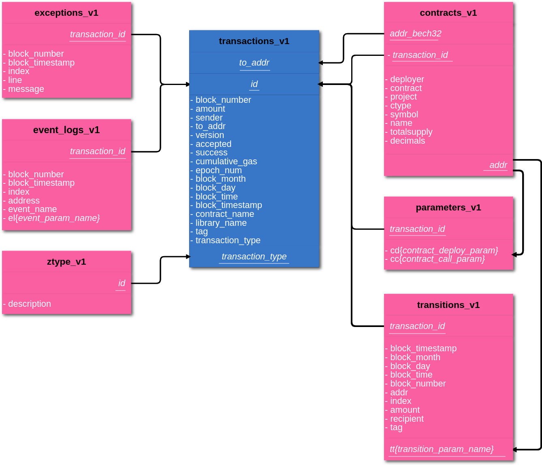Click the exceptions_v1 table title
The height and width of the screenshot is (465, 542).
pos(66,13)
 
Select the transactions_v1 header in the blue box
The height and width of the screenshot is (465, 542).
pos(254,41)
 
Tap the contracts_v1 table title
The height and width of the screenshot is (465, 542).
pos(448,13)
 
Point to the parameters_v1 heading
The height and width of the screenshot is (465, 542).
pos(448,208)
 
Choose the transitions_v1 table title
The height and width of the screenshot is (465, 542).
pos(448,305)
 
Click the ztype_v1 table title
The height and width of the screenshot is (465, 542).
pos(66,262)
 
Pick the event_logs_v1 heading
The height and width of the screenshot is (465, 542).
pos(66,130)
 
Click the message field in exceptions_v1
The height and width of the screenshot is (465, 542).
pos(26,89)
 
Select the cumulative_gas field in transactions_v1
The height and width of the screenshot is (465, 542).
pos(226,161)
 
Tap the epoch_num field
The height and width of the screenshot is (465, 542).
pos(218,170)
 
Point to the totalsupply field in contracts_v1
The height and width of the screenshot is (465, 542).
pos(411,132)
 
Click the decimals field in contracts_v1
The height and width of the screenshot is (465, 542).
pos(407,141)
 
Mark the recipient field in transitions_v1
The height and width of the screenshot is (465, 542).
pos(406,419)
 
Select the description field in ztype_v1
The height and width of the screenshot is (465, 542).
pos(29,304)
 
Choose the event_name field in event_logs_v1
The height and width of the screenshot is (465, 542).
pos(32,209)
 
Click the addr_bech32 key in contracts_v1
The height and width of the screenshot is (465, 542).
pos(415,34)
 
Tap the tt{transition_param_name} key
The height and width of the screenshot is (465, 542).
pos(442,449)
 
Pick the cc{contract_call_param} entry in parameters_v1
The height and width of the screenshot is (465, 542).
pos(437,259)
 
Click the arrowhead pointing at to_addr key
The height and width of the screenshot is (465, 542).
pos(321,63)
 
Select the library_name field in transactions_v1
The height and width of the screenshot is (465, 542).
pos(221,223)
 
